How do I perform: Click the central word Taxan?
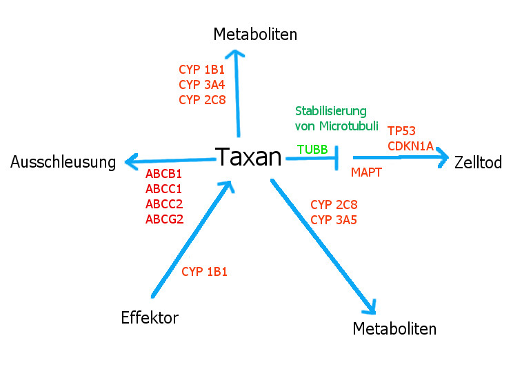249,157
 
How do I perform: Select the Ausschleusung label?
63,163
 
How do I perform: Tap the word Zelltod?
478,163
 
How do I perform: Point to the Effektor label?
150,318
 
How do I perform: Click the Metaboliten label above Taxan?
255,34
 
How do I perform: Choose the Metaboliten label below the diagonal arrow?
394,329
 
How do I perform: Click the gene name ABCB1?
163,173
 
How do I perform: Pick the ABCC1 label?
163,188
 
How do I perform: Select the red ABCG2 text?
164,219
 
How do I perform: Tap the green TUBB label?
312,149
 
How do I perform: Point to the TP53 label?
401,131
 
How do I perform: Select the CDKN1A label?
410,146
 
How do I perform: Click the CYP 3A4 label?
201,84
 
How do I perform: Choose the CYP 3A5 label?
334,220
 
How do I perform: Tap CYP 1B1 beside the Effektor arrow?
204,272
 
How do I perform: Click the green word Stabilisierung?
331,110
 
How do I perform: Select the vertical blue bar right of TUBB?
337,158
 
